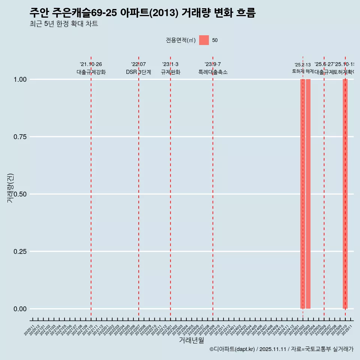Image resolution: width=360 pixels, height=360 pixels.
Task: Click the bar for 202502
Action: tap(303, 194)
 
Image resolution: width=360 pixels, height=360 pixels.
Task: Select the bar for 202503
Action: tap(308, 194)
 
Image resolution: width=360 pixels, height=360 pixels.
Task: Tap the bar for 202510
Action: tap(345, 194)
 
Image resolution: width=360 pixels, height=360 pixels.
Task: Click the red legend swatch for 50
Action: tap(204, 40)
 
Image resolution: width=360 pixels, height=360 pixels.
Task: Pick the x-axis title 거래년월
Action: tap(191, 340)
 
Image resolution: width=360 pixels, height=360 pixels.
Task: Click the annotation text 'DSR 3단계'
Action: tap(138, 72)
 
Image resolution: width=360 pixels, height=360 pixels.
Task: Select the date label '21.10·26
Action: tap(91, 64)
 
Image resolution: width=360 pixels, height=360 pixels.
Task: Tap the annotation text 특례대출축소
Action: tap(213, 72)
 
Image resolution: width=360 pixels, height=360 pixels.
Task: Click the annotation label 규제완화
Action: tap(171, 72)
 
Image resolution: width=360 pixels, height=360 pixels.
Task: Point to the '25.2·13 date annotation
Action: tap(303, 65)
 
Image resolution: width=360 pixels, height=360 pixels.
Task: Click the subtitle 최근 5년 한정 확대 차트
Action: tap(64, 24)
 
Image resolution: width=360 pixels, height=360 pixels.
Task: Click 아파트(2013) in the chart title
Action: tap(149, 13)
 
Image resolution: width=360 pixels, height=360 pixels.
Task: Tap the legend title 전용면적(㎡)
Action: tap(180, 40)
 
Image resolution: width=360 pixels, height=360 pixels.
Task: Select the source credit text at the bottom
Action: tap(281, 349)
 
